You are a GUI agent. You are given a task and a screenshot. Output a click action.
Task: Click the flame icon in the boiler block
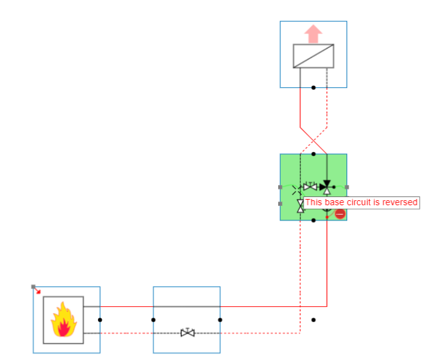tap(63, 320)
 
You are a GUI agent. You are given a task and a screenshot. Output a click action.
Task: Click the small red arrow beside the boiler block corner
tap(39, 291)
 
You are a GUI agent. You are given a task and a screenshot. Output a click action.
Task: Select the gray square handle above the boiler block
tap(33, 287)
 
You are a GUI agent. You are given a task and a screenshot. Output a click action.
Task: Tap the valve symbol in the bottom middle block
tap(187, 332)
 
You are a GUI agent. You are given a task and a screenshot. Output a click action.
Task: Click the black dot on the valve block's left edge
tap(154, 320)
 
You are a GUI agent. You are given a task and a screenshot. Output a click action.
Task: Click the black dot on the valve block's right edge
tap(220, 320)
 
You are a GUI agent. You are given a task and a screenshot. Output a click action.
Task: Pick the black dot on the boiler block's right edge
tap(100, 320)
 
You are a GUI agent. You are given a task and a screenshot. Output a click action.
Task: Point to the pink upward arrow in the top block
tap(313, 34)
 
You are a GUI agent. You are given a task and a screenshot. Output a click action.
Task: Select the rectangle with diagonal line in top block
tap(313, 56)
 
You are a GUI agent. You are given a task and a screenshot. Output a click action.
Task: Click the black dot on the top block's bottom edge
tap(313, 87)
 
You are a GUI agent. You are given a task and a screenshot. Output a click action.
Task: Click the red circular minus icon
tap(340, 214)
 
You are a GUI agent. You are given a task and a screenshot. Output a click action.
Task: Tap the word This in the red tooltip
tap(314, 203)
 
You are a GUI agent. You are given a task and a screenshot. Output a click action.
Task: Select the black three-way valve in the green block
tap(326, 186)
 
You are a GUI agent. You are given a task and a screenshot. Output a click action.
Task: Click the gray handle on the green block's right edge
tap(346, 187)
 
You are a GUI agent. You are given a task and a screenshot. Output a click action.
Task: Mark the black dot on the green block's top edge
tap(313, 153)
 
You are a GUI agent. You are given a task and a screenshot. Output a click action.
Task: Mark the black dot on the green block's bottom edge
tap(313, 220)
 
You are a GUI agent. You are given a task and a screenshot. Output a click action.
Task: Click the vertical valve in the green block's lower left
tap(300, 206)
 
